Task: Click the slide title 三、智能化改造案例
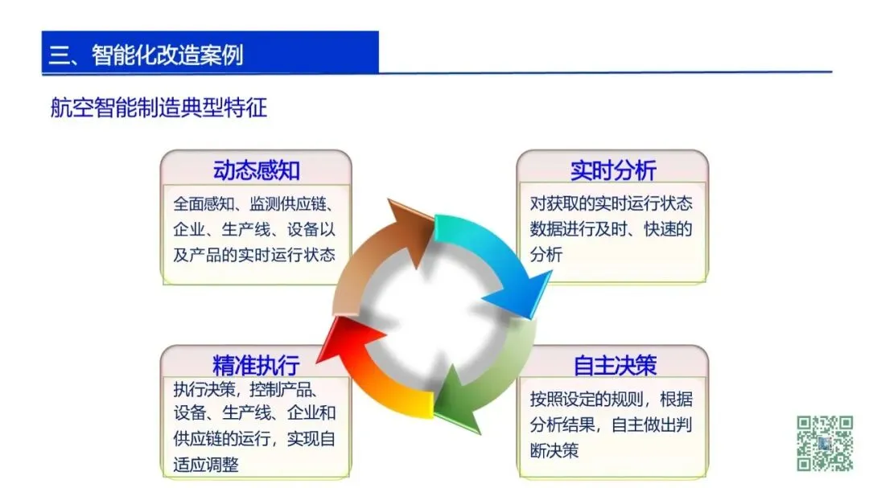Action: (x=146, y=55)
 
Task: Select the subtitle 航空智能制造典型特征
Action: (x=159, y=107)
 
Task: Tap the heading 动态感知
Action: (x=256, y=170)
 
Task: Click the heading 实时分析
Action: (x=613, y=170)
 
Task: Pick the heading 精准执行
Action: (x=256, y=365)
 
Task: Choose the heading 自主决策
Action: (x=615, y=365)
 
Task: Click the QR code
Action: (x=825, y=443)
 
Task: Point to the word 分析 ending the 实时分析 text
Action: (x=546, y=254)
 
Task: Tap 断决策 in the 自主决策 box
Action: (x=554, y=450)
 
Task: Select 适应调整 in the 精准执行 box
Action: (x=206, y=464)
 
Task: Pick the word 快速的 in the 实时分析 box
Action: (x=668, y=229)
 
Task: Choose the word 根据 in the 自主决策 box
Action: (x=676, y=400)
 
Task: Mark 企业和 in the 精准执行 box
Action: (x=311, y=412)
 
